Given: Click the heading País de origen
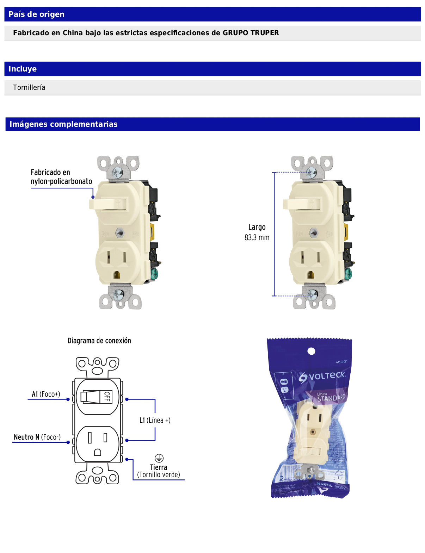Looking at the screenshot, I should pos(36,14).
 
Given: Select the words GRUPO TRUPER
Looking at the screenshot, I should pos(251,33).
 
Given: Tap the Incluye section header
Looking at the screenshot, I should pos(23,69).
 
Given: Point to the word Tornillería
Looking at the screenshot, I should pos(29,87).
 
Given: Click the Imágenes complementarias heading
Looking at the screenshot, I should pos(63,124).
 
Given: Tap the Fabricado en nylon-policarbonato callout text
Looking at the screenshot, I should pos(61,177).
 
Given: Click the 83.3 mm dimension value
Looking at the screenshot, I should pos(257,238).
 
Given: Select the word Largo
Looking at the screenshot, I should pos(257,227).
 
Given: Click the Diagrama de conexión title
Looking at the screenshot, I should pos(99,341).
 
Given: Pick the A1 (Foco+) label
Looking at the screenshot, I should pos(46,394).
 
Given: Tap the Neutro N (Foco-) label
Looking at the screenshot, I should pos(37,437).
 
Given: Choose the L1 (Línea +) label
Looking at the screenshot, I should pos(155,420).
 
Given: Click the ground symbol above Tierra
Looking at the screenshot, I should pos(159,458).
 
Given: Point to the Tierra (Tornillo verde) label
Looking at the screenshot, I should pos(159,471).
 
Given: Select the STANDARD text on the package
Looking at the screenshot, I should pos(331,398).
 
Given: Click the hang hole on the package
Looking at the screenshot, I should pos(311,351).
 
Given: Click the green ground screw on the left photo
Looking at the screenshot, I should pos(154,274).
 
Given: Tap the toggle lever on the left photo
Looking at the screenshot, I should pos(102,204).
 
